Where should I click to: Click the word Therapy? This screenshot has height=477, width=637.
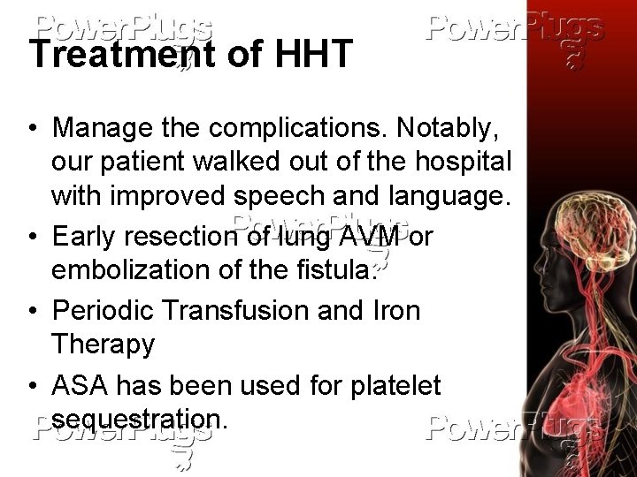103,344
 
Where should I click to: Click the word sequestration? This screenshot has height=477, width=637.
139,418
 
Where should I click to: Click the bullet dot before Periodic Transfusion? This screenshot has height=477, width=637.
32,311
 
